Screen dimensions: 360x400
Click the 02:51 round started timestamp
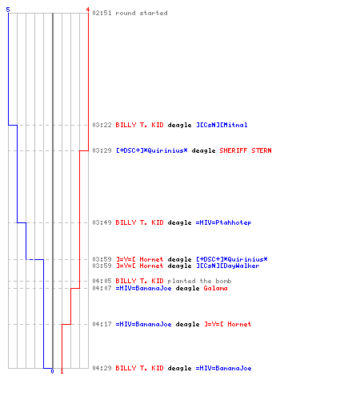coord(102,13)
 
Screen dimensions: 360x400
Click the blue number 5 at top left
coord(8,10)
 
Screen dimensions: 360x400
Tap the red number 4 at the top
coord(88,10)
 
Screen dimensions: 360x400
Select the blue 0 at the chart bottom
coord(52,371)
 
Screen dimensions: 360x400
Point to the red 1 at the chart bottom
coord(62,371)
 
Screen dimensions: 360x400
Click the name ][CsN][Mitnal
coord(222,125)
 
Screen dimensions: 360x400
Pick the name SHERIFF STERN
coord(246,150)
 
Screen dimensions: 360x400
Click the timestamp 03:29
coord(102,150)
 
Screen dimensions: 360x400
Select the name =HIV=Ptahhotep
coord(223,222)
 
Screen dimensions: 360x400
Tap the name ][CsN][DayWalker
coord(228,266)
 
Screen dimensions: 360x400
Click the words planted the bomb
coord(199,281)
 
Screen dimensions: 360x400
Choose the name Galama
coord(215,288)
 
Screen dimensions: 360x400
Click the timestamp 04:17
coord(102,324)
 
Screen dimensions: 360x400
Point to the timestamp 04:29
coord(102,368)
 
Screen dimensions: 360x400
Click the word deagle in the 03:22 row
coord(179,125)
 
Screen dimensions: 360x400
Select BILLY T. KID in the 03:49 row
coord(139,222)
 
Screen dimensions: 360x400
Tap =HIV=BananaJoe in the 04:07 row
coord(143,288)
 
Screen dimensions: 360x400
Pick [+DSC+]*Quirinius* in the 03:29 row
coord(152,150)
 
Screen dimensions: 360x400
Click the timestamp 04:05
coord(102,281)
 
